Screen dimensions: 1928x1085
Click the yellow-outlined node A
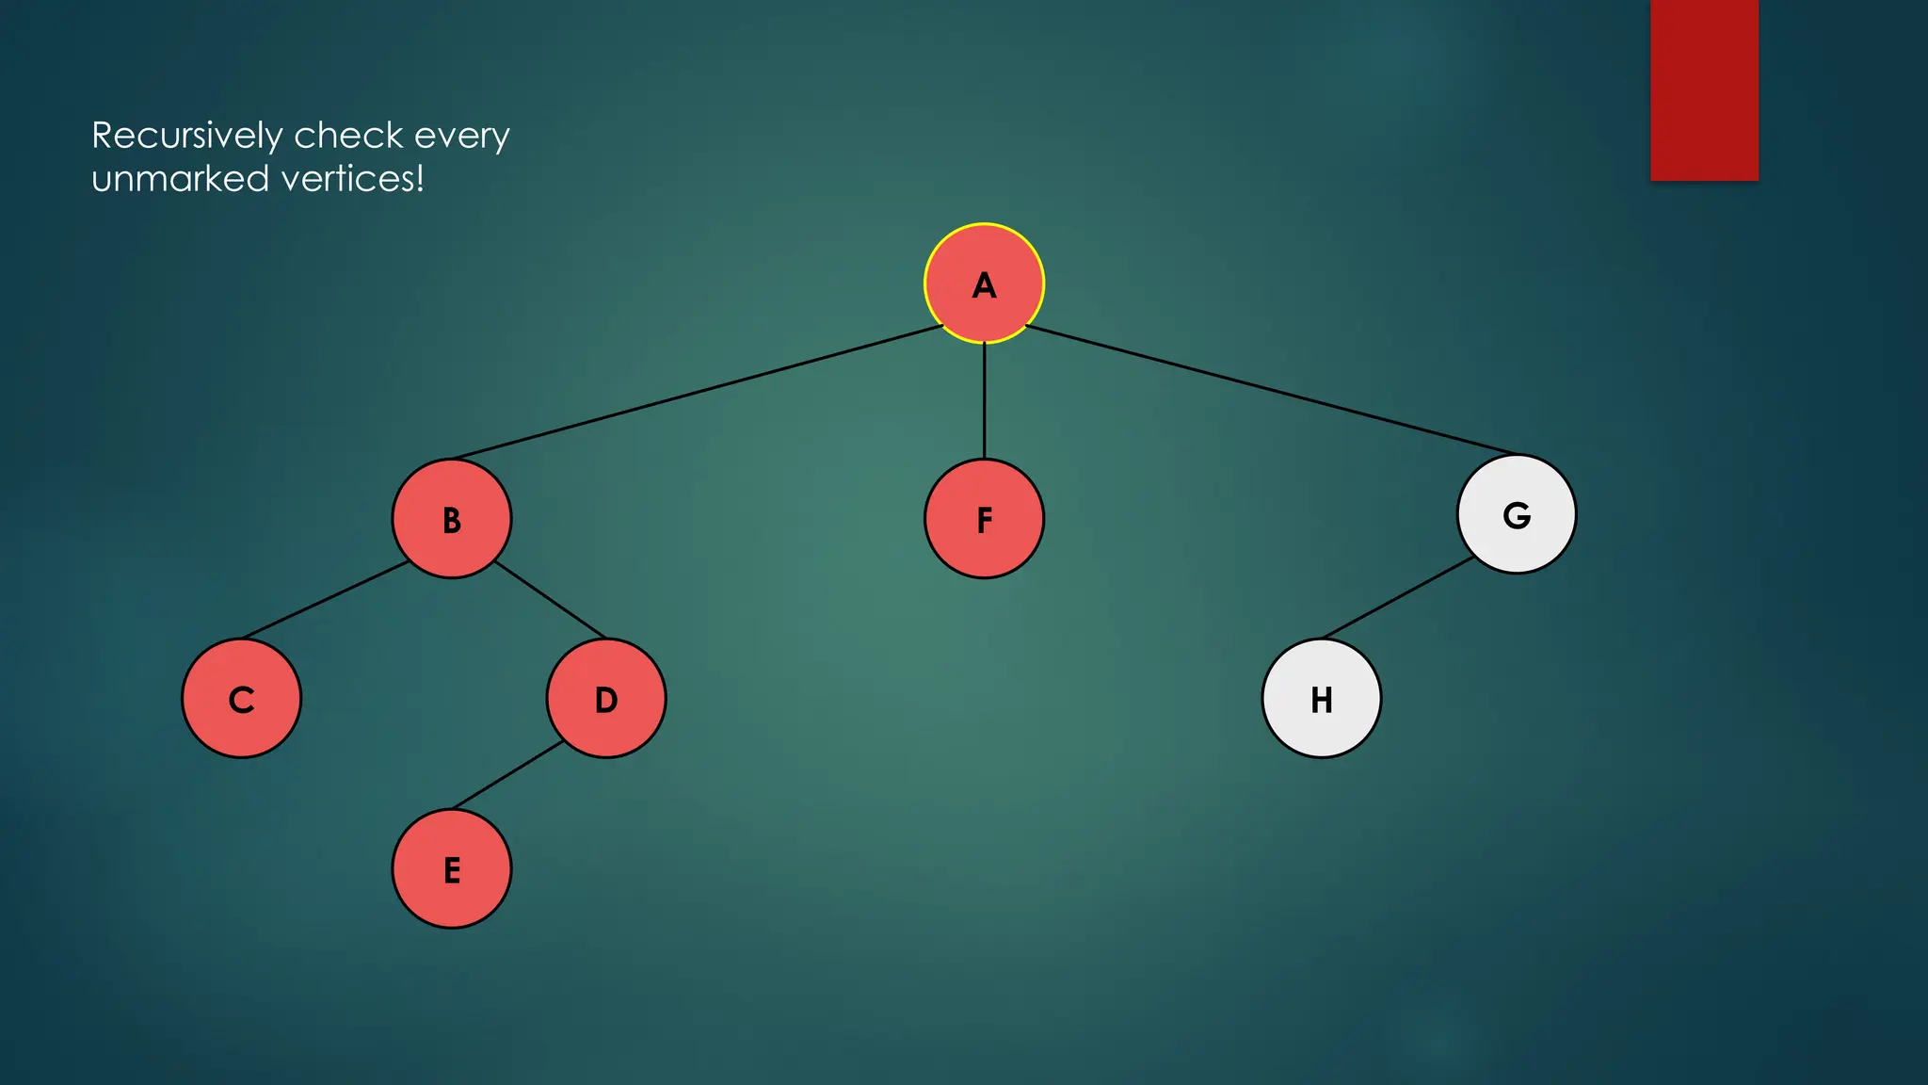point(984,283)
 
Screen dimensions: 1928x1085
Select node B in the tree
point(452,519)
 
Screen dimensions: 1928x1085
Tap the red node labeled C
point(242,699)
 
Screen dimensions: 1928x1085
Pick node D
point(606,699)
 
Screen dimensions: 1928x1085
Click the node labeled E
point(452,869)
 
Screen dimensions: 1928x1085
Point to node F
point(984,519)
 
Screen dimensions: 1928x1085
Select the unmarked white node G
point(1516,514)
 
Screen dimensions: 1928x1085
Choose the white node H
point(1321,699)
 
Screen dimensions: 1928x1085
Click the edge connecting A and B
point(697,393)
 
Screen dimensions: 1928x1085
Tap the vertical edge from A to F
point(984,400)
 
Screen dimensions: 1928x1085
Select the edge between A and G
point(1271,390)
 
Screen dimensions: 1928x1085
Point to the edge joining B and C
point(326,600)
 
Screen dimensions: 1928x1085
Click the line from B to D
point(550,600)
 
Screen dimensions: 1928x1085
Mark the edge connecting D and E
point(508,775)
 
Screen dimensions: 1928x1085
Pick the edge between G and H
point(1399,597)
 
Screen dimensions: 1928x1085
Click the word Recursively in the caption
point(186,137)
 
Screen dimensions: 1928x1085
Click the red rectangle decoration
point(1704,89)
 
